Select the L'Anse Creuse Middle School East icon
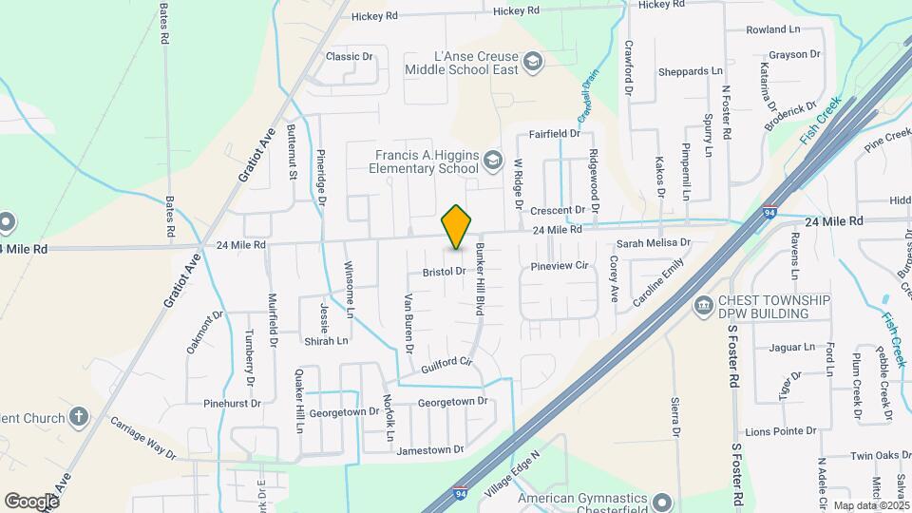(535, 62)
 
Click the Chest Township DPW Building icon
(704, 306)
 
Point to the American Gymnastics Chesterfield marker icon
(662, 501)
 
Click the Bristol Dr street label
(443, 272)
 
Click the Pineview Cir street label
(560, 266)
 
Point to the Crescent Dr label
(557, 210)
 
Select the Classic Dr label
(350, 57)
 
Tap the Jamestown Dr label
(430, 449)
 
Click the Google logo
(31, 501)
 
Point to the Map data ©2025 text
(871, 505)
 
